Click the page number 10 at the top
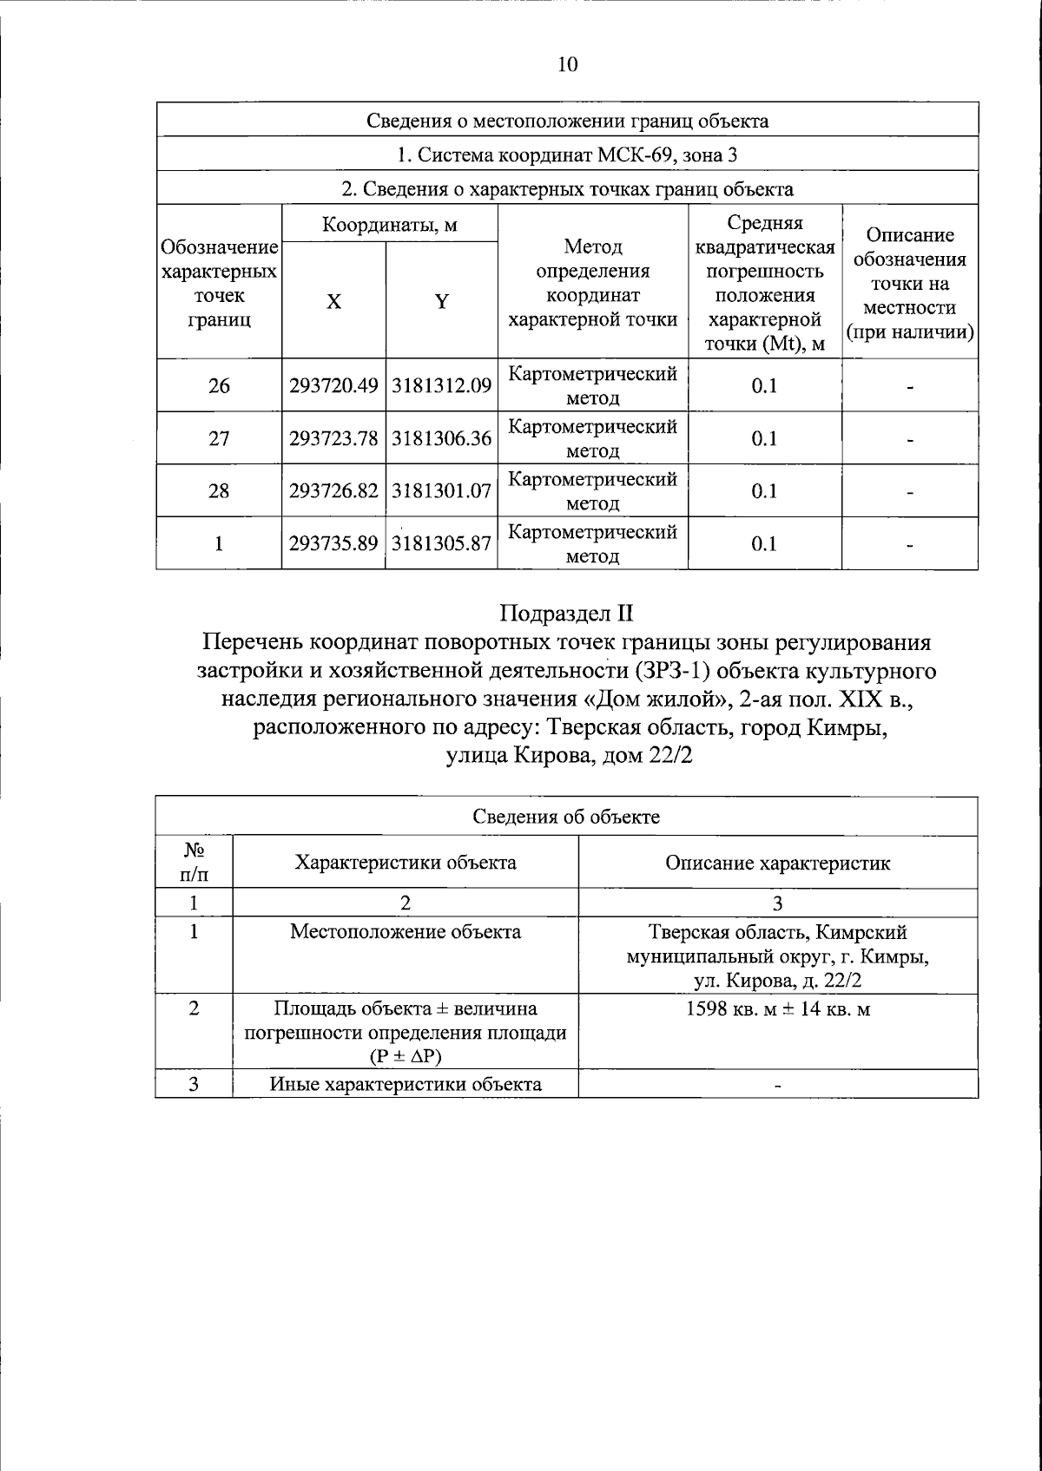[567, 65]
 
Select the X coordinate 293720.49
[333, 385]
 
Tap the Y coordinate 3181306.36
[441, 438]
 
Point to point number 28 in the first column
[219, 491]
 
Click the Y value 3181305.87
[441, 543]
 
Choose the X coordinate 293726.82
[333, 491]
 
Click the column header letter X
[333, 301]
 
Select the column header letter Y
[441, 301]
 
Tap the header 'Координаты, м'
[389, 225]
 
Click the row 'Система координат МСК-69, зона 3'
[567, 155]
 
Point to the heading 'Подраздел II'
[567, 613]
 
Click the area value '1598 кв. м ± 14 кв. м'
[777, 1010]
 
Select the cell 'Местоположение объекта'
[406, 932]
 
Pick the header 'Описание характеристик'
[777, 863]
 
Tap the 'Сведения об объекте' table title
[567, 817]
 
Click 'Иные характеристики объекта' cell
[406, 1084]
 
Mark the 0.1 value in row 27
[764, 438]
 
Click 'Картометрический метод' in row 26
[592, 385]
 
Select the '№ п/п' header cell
[194, 862]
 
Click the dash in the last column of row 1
[909, 545]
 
